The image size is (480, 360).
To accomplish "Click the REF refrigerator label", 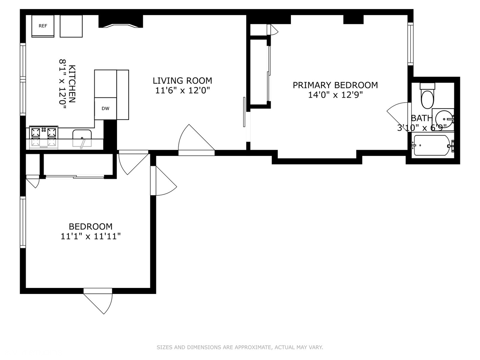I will coord(43,26).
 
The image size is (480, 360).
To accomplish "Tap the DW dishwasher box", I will coord(105,108).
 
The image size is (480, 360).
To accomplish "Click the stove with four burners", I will coord(44,137).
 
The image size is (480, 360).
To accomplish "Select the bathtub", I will coord(432,145).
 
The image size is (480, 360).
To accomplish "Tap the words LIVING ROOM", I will coord(182,81).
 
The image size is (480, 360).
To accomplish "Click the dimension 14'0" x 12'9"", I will coord(335,95).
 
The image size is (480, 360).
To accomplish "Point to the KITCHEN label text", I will coord(72,84).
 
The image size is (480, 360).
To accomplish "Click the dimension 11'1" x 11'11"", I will coord(90,236).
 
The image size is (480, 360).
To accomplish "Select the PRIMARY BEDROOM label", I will coord(335,85).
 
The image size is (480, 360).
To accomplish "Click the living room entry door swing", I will coord(195,140).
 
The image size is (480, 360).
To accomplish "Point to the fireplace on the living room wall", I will coord(121,22).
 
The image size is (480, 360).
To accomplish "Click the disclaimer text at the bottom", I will coord(240,347).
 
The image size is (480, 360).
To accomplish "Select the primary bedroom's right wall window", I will coord(410,44).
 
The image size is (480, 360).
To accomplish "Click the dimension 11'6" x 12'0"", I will coord(182,90).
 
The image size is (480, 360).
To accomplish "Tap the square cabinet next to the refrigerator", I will coord(71,26).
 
